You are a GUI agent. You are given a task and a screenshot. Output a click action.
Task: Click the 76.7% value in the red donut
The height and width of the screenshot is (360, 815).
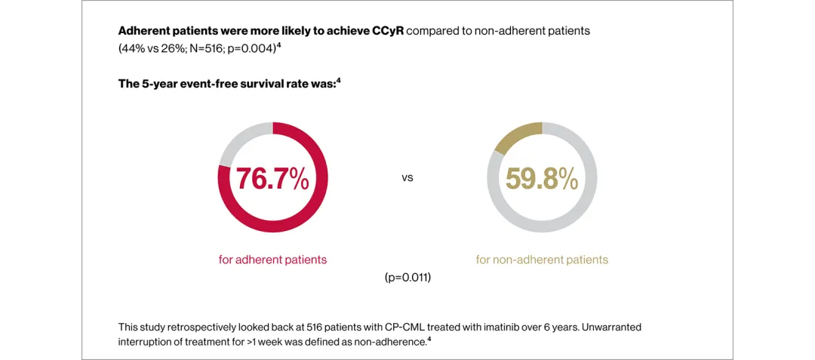pyautogui.click(x=272, y=179)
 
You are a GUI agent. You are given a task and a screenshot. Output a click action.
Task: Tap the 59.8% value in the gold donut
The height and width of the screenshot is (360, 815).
pyautogui.click(x=542, y=179)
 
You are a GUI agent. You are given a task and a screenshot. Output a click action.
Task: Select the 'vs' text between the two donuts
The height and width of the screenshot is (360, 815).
pyautogui.click(x=407, y=179)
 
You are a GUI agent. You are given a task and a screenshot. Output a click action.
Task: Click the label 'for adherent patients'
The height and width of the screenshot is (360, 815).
pyautogui.click(x=272, y=260)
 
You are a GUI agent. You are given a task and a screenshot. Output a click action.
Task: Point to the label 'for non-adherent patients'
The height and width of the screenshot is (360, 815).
pyautogui.click(x=542, y=260)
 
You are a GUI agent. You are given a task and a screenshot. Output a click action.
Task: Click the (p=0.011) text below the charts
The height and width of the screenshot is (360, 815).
pyautogui.click(x=407, y=278)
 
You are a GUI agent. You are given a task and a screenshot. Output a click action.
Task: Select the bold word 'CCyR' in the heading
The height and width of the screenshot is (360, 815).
pyautogui.click(x=388, y=32)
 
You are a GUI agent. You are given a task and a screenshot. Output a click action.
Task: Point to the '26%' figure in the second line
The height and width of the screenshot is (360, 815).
pyautogui.click(x=173, y=48)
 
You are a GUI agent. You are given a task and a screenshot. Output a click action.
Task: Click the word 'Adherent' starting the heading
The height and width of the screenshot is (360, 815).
pyautogui.click(x=143, y=32)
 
